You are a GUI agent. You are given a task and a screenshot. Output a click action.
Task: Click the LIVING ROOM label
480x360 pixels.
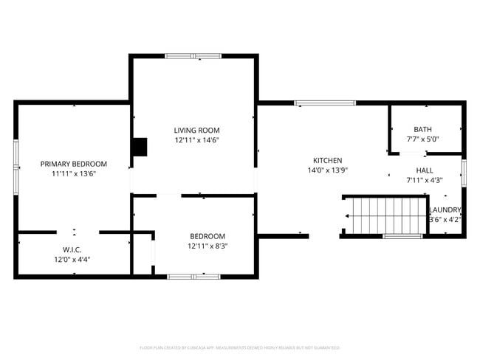point(196,130)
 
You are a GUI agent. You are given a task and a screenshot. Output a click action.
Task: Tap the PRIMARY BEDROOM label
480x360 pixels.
point(74,164)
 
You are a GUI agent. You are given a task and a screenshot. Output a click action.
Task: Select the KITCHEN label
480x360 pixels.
point(327,160)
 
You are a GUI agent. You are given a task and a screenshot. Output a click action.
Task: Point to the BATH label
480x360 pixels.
point(422,129)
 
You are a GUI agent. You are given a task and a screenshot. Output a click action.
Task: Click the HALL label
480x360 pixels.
point(425,170)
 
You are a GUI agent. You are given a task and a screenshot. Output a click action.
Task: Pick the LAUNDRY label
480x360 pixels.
point(445,210)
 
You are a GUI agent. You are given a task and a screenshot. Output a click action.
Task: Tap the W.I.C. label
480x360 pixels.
point(72,249)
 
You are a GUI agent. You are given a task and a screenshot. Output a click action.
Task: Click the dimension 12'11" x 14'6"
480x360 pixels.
point(196,139)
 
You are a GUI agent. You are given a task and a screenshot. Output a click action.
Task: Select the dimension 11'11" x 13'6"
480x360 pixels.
point(74,173)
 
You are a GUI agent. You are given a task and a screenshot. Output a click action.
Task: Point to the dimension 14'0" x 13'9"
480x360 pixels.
point(327,170)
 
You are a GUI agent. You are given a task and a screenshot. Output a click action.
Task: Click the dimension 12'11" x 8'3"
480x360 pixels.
point(208,246)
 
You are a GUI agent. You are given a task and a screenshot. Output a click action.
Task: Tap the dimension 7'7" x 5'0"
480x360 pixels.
point(422,139)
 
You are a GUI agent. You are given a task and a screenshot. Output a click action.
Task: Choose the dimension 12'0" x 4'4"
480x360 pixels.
point(72,259)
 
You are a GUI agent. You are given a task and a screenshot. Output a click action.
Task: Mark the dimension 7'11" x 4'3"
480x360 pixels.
point(425,180)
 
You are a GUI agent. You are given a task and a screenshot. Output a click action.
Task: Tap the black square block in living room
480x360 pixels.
point(140,147)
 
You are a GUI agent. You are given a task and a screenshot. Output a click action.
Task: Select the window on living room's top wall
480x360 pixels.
point(193,56)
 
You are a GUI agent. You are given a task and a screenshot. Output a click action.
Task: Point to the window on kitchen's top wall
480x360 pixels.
point(325,103)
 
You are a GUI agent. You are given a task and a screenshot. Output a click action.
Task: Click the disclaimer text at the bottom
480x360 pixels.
point(239,347)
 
